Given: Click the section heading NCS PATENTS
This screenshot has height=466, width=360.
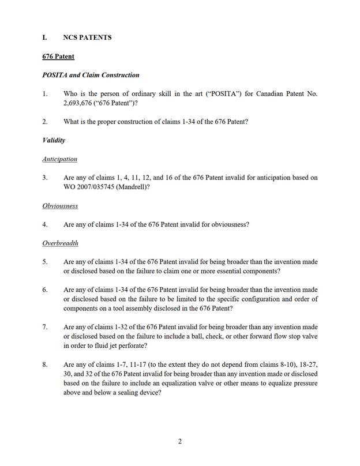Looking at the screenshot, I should pyautogui.click(x=87, y=37).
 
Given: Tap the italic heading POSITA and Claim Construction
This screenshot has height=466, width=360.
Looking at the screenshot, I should pyautogui.click(x=91, y=75).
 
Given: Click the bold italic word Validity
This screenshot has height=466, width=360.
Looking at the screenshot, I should pyautogui.click(x=54, y=140).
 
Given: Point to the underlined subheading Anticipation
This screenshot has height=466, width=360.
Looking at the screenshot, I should pyautogui.click(x=59, y=159).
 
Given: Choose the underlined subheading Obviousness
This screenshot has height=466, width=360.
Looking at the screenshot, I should pyautogui.click(x=60, y=205).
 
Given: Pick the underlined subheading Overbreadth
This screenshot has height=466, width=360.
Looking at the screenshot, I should pyautogui.click(x=61, y=243).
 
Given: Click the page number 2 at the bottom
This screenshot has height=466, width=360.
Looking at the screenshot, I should pyautogui.click(x=180, y=442).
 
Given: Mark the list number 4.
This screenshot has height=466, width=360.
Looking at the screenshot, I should pyautogui.click(x=45, y=224).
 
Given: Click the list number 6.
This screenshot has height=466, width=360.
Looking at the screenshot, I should pyautogui.click(x=45, y=290).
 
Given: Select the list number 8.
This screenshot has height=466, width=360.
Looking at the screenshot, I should pyautogui.click(x=45, y=365).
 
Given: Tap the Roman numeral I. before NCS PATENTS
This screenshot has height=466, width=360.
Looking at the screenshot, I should pyautogui.click(x=45, y=37).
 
